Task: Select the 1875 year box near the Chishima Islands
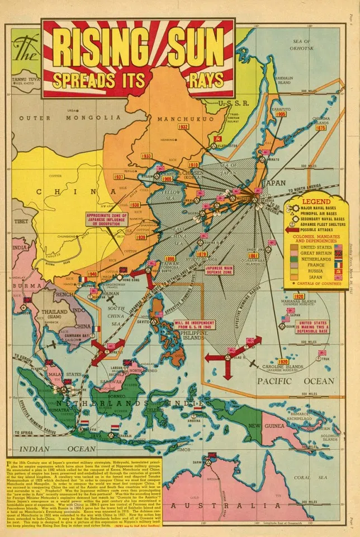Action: tap(321, 128)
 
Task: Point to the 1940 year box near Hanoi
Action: tap(92, 274)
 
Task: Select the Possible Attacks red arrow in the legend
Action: tap(293, 229)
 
